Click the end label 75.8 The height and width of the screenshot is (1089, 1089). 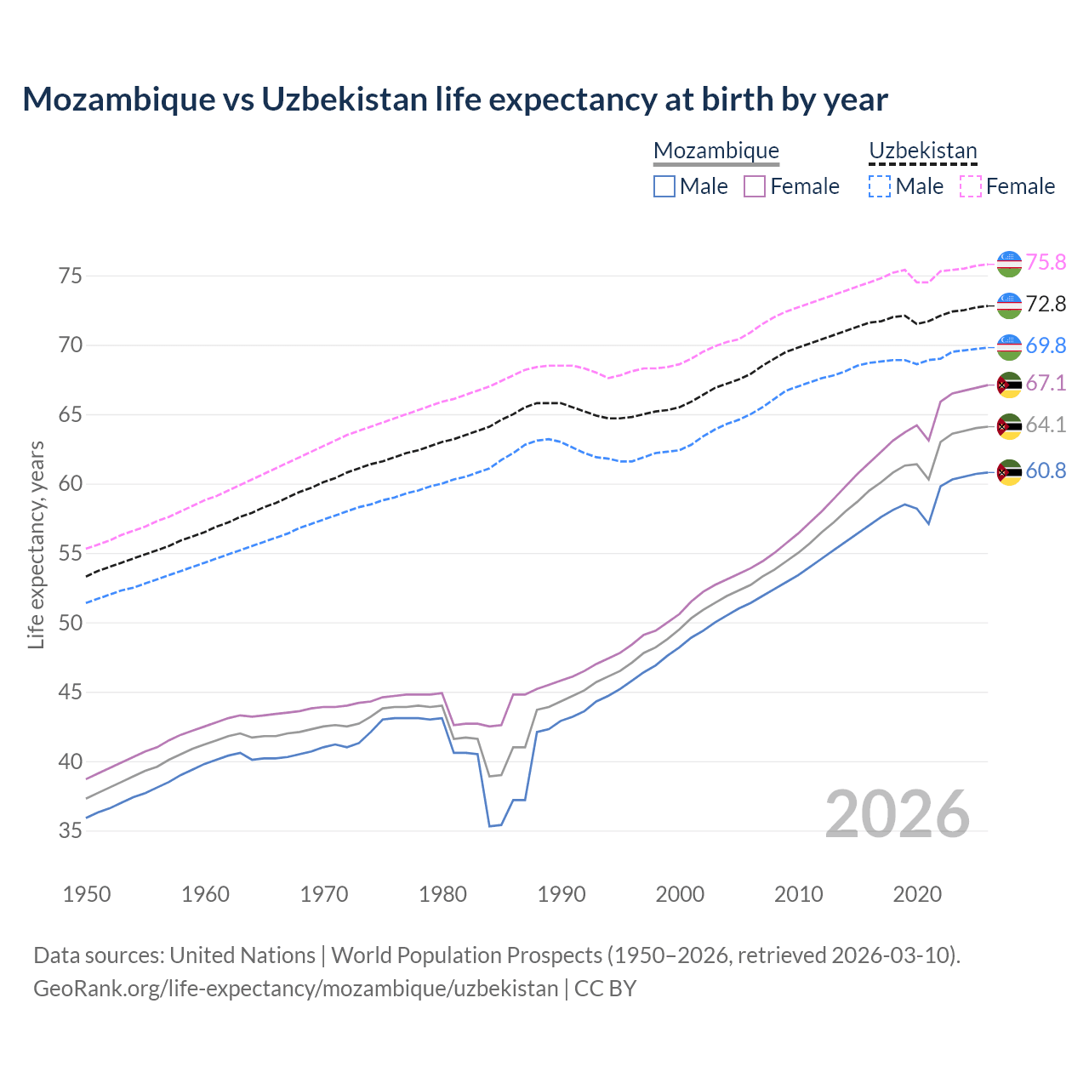(1046, 262)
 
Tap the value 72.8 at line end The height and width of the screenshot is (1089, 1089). (1046, 304)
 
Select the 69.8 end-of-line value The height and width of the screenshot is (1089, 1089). (1046, 345)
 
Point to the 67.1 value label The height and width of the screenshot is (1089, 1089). (1046, 383)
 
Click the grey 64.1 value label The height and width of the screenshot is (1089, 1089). (1046, 425)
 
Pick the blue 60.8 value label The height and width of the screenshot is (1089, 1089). (1046, 470)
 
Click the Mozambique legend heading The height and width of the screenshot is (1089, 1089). (716, 151)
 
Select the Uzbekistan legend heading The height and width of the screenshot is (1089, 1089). (923, 151)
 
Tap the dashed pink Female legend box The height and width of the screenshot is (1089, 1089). (971, 186)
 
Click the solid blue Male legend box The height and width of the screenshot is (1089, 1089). (664, 186)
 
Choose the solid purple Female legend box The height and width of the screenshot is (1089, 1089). (755, 186)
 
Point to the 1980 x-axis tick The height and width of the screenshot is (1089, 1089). (443, 894)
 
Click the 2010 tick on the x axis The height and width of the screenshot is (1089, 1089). (799, 894)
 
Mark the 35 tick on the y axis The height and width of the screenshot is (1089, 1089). (71, 830)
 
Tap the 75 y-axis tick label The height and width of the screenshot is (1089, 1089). (71, 276)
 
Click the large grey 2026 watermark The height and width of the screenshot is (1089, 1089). (898, 814)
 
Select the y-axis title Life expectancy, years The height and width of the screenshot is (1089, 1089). (37, 544)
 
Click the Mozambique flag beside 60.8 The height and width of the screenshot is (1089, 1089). (1009, 471)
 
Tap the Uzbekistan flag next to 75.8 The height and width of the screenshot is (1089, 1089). (1009, 263)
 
